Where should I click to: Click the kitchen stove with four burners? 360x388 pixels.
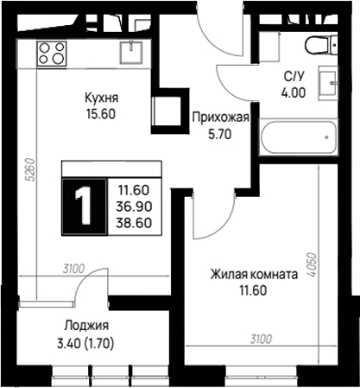52,54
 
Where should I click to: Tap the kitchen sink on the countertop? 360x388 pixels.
131,52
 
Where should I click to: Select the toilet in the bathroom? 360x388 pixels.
320,45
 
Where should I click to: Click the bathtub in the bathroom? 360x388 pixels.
299,137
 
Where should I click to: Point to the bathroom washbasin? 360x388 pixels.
328,83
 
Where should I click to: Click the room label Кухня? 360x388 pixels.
102,98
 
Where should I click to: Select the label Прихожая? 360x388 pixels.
220,118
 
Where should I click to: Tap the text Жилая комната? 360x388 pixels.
254,275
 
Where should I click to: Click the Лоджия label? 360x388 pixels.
86,326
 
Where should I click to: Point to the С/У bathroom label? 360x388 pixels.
294,77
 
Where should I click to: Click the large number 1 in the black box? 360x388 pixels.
84,207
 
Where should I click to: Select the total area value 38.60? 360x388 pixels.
134,223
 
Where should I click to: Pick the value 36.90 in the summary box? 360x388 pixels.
134,207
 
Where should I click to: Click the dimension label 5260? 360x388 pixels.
31,169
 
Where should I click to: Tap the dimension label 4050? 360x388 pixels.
312,265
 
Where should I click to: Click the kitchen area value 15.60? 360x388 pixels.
101,114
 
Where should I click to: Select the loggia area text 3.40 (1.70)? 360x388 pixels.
85,344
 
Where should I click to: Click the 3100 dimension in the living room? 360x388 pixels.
261,340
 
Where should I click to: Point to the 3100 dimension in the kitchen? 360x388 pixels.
74,269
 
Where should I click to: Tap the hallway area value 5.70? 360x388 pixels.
220,134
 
